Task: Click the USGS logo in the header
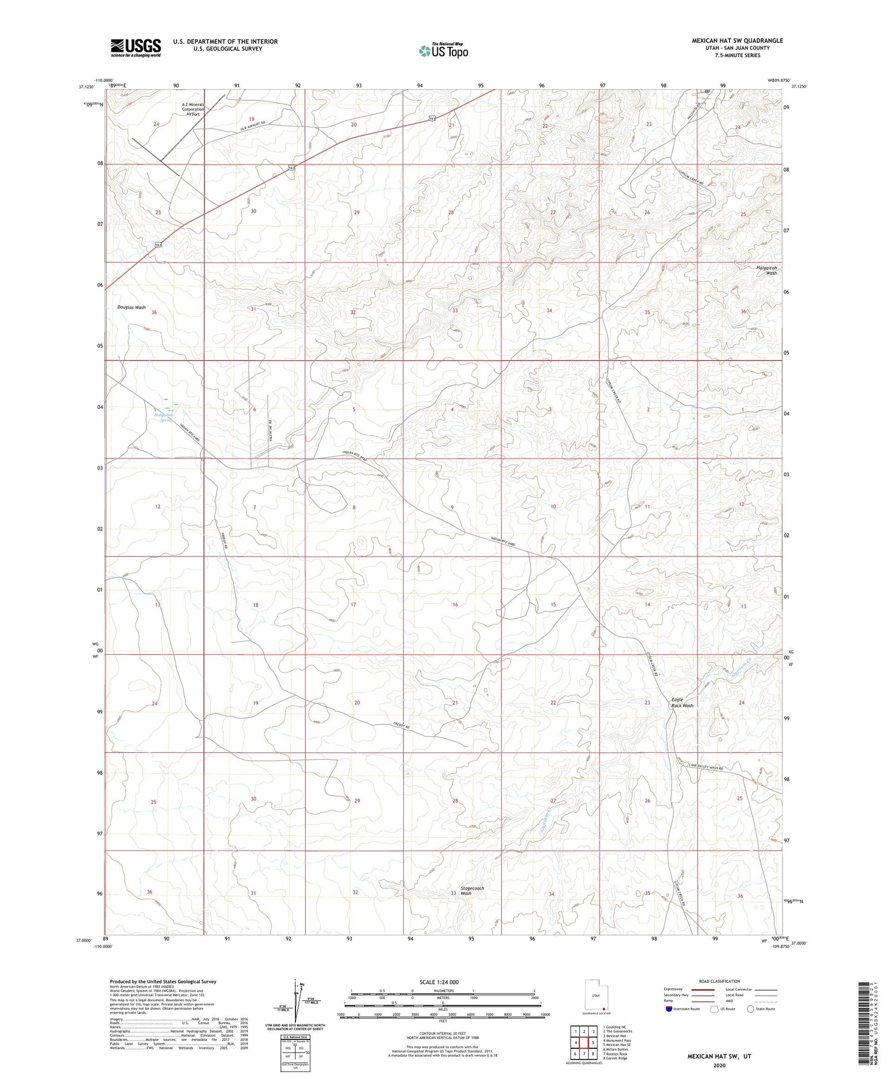(136, 48)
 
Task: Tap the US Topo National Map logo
(443, 51)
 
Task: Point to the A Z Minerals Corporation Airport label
(193, 109)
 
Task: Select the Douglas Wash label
(131, 307)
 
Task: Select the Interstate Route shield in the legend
(670, 1009)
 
